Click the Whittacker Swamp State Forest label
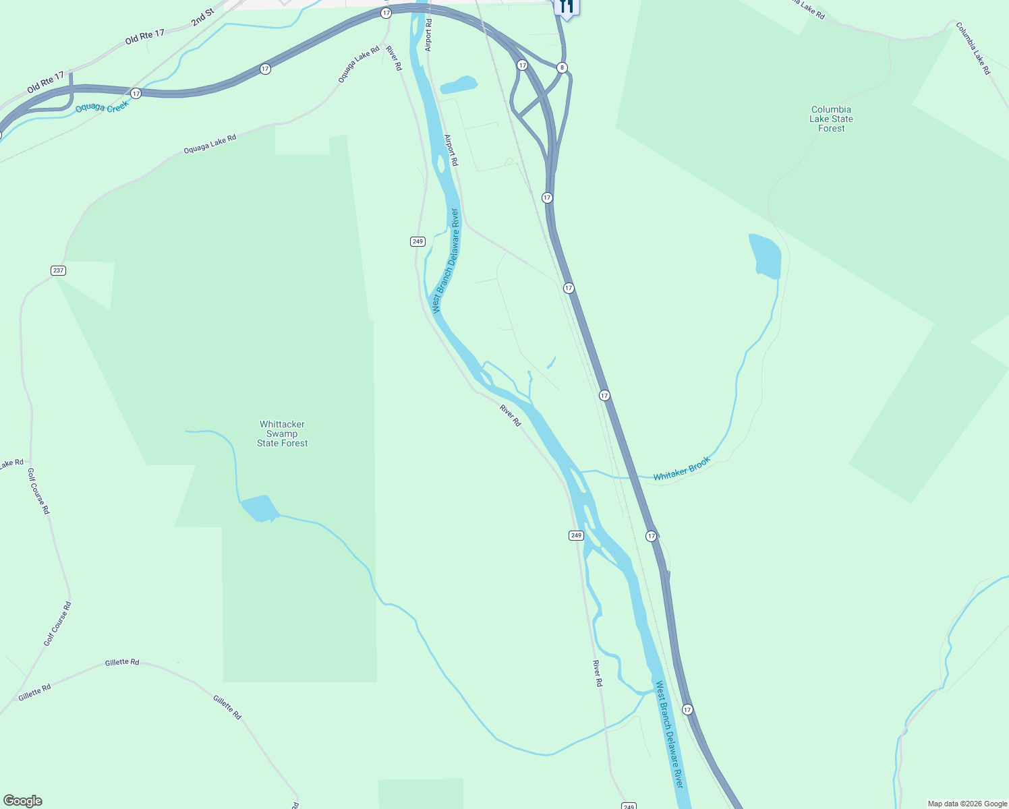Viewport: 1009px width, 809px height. click(x=282, y=433)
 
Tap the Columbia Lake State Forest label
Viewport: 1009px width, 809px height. click(x=831, y=119)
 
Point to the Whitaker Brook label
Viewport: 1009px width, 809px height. click(x=681, y=469)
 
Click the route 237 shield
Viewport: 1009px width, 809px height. click(x=58, y=270)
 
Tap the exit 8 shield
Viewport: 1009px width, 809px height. click(x=562, y=67)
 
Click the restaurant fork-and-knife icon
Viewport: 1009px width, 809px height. click(x=566, y=7)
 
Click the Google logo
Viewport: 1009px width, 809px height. click(x=22, y=801)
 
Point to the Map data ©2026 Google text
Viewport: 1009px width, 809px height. click(x=967, y=804)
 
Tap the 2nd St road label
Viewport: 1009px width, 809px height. click(x=202, y=18)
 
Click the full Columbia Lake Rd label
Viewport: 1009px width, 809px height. click(x=973, y=48)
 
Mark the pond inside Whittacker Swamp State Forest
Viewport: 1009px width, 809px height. click(x=259, y=508)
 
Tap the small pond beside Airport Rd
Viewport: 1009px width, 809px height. click(x=459, y=85)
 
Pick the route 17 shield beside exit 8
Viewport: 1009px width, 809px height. click(x=522, y=65)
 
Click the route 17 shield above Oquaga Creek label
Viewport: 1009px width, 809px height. click(x=136, y=93)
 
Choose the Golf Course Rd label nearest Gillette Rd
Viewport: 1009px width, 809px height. click(x=57, y=624)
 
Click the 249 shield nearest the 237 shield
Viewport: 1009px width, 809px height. click(x=417, y=241)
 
